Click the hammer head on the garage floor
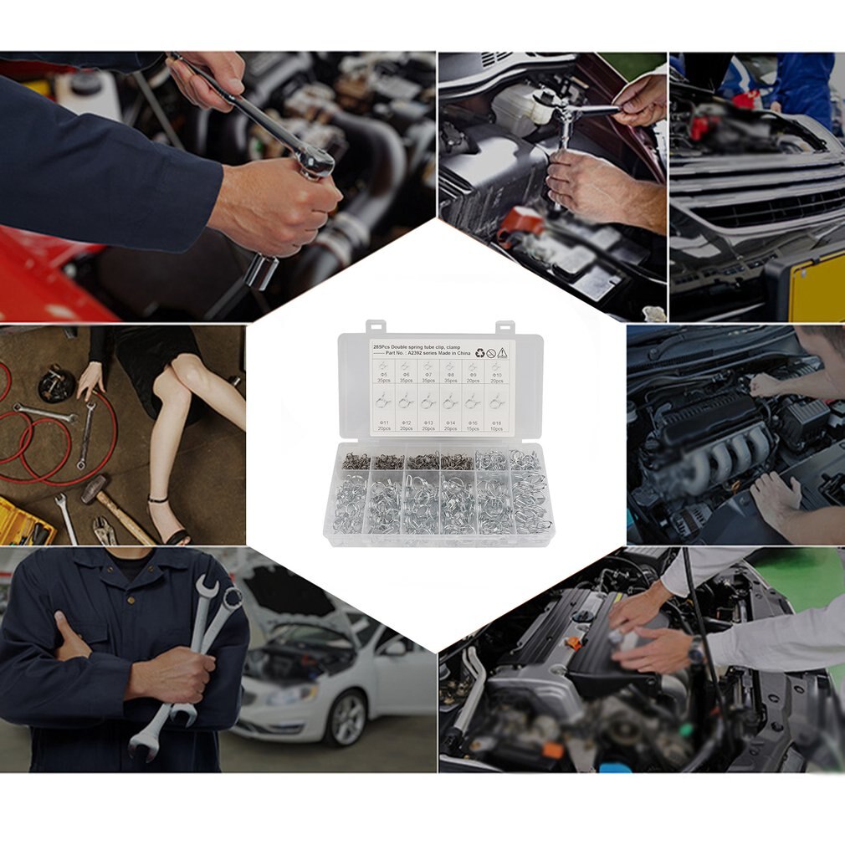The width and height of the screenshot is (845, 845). click(x=94, y=489)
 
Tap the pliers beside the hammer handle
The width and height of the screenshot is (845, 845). click(x=104, y=529)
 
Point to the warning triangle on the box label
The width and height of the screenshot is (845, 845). click(x=504, y=352)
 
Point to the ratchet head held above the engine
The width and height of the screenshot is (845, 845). click(x=313, y=158)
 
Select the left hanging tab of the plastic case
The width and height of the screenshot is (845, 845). click(x=374, y=325)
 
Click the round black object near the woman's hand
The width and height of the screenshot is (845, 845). click(x=56, y=384)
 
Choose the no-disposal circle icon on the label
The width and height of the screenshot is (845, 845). click(x=490, y=352)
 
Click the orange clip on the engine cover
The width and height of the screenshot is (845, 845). click(x=574, y=643)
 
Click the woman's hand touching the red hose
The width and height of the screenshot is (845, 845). click(x=89, y=380)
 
